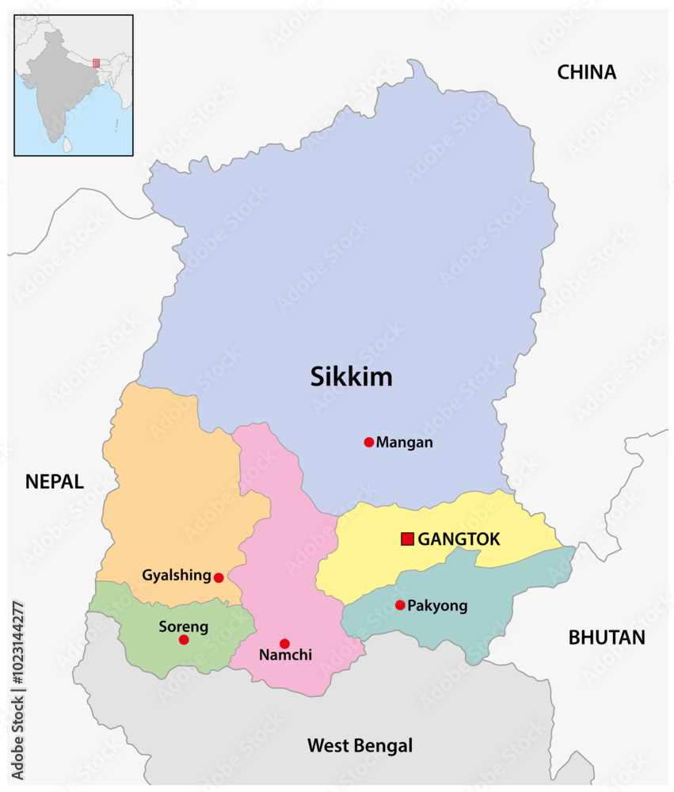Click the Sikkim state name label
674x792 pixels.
point(351,377)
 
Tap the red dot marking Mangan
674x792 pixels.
point(368,442)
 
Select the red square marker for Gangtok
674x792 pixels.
point(407,539)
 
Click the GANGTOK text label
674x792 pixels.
point(459,539)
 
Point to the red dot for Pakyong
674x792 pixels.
point(400,605)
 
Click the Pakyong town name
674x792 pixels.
point(437,606)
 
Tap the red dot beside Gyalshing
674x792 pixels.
point(219,577)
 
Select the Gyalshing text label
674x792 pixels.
point(177,575)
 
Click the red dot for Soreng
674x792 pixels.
point(184,639)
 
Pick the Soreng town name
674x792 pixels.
point(184,626)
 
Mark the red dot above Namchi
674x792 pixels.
point(284,643)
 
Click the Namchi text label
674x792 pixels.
point(286,656)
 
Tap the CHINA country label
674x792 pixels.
point(586,72)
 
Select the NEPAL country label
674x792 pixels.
point(54,482)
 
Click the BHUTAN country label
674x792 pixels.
point(607,638)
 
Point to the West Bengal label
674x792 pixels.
point(360,745)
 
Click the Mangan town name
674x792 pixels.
point(405,442)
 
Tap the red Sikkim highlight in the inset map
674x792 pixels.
point(97,63)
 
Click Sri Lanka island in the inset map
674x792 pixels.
point(68,145)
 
